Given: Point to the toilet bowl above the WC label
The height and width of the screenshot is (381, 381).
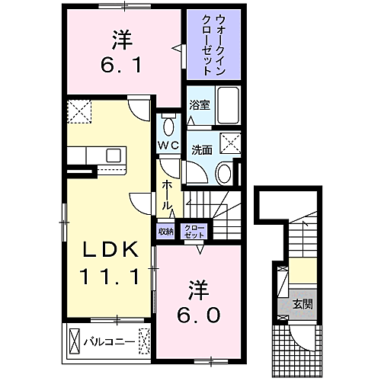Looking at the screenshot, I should point(169,126).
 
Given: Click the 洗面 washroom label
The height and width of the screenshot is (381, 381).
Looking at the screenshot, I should point(200,149).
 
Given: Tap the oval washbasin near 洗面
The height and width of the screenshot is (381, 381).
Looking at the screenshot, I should point(224,173).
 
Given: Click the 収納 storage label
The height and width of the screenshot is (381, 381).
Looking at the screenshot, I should point(166,231).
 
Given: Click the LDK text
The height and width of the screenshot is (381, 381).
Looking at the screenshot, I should point(110,250).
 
